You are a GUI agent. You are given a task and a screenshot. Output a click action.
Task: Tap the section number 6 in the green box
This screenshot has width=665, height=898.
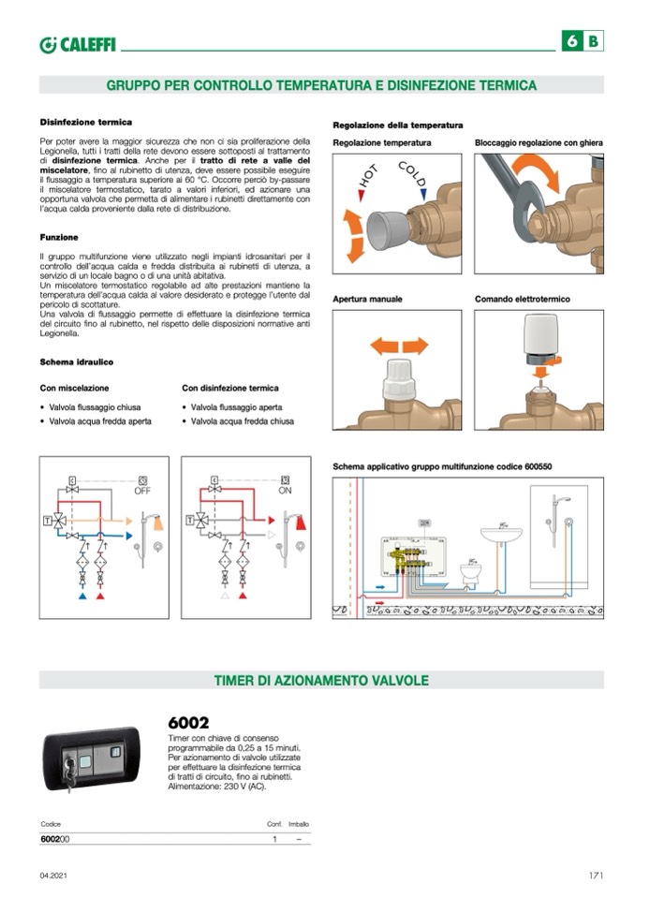[571, 41]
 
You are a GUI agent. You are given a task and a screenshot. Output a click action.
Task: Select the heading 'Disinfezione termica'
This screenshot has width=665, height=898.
[85, 122]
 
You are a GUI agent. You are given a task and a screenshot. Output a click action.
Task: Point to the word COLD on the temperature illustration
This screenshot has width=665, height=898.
[412, 174]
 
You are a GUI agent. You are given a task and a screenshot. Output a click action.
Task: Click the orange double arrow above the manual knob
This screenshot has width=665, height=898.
[399, 346]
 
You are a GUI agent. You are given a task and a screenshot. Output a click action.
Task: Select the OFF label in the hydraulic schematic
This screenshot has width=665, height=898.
[142, 490]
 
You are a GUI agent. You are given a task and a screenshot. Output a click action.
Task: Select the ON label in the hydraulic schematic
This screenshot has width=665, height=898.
[285, 490]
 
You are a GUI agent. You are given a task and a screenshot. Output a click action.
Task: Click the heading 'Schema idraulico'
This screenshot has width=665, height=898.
[76, 361]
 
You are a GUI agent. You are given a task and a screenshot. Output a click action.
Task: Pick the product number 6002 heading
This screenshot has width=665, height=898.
[188, 723]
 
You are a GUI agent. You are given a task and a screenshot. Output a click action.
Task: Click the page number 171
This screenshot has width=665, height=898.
[595, 876]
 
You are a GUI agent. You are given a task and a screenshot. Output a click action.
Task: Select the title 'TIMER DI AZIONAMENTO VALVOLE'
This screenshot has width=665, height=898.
[321, 681]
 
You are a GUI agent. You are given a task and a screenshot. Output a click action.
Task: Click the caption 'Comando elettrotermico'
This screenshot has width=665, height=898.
[522, 299]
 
